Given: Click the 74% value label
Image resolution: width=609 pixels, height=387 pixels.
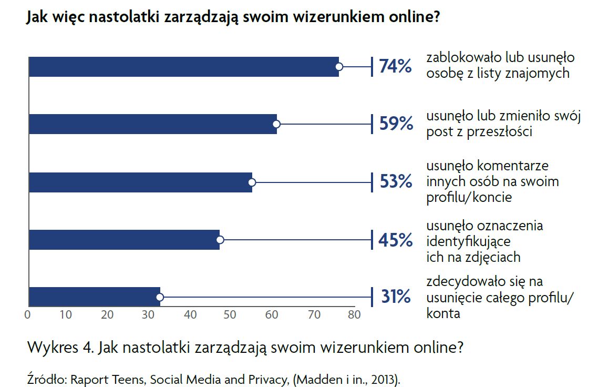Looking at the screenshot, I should tap(395, 67).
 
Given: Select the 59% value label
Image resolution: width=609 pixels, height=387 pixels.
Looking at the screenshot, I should tap(395, 124).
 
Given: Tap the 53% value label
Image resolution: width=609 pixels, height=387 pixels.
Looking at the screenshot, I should tap(395, 182).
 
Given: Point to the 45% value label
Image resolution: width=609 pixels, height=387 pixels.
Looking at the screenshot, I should tap(395, 240).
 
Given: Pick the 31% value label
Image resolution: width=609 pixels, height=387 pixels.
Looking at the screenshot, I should tap(395, 297).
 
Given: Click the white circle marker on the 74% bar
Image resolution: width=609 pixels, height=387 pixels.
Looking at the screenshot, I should tap(339, 67).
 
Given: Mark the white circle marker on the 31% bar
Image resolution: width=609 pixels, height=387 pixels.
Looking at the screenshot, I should tap(160, 297).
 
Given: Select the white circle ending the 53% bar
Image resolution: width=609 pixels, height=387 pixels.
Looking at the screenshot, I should tap(252, 182).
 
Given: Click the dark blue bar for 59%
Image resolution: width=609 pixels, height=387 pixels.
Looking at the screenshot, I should tap(152, 124).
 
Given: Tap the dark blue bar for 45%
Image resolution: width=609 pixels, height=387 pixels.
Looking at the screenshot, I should tap(123, 240).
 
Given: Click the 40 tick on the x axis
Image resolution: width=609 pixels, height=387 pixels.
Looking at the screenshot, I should tap(191, 315).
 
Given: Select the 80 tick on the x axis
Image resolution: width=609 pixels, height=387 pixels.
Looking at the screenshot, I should tap(354, 315).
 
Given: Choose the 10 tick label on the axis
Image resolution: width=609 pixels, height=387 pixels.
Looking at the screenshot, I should tap(66, 315).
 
